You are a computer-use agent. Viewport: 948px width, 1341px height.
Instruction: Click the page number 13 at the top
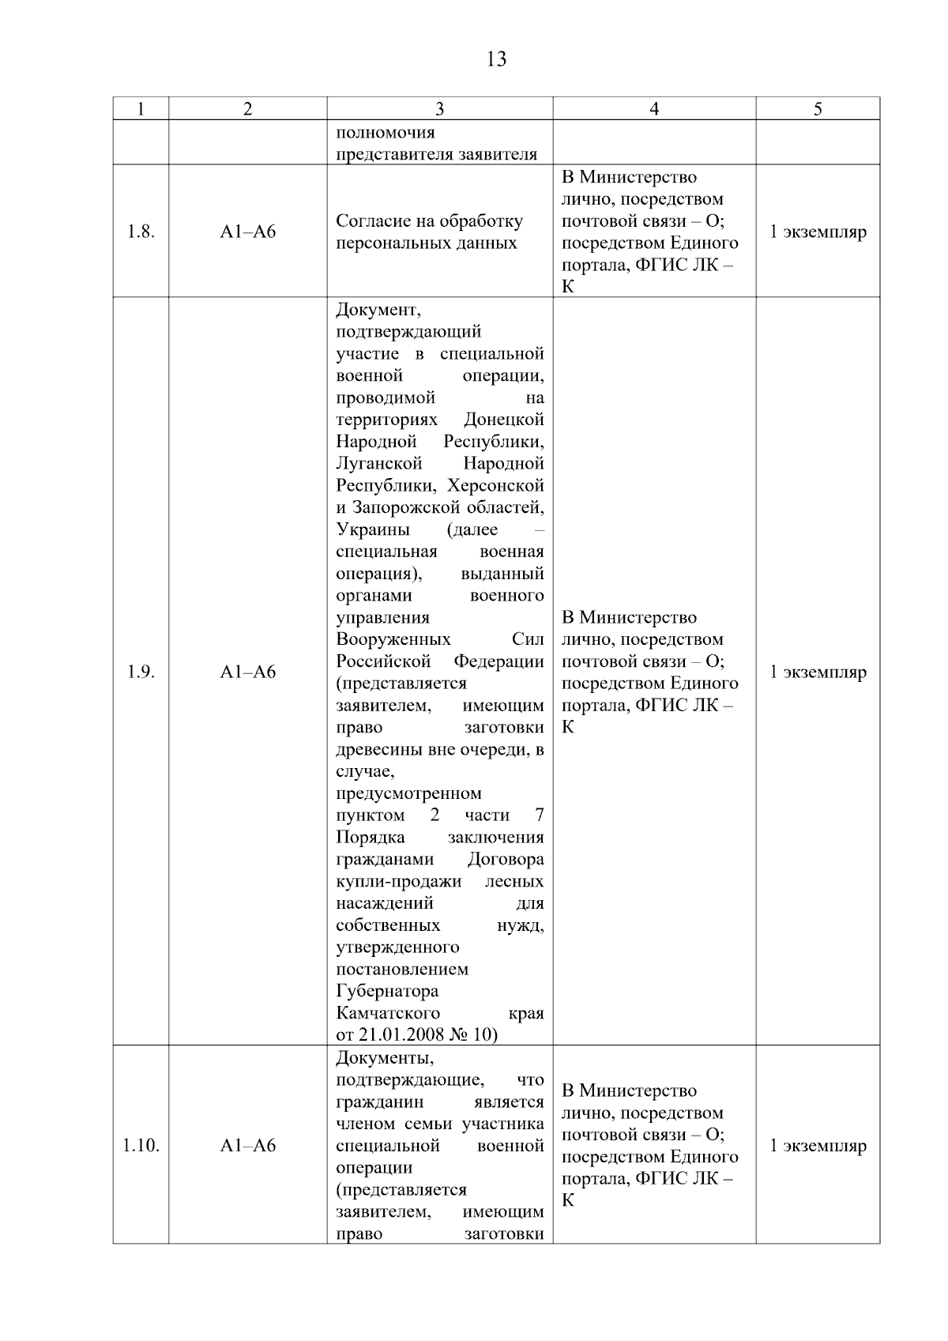(x=496, y=59)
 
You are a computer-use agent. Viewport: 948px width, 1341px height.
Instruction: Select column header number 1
(x=141, y=109)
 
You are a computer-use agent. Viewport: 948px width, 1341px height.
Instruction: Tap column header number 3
(x=439, y=109)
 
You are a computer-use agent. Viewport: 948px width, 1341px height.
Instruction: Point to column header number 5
(x=818, y=109)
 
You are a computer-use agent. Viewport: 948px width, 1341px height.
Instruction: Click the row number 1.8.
(x=141, y=232)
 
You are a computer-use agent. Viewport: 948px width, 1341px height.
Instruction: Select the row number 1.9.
(x=141, y=672)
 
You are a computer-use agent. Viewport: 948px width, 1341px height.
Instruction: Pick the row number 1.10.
(x=141, y=1146)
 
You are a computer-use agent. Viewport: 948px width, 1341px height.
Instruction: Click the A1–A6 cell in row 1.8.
(x=248, y=232)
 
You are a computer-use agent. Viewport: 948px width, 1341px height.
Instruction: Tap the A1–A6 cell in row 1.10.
(x=248, y=1146)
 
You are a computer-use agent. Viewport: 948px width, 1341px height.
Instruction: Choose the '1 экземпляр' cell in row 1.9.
(x=818, y=672)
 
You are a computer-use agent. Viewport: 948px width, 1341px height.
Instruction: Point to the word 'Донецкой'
(x=504, y=420)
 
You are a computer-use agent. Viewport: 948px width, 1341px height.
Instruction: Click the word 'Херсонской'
(x=495, y=485)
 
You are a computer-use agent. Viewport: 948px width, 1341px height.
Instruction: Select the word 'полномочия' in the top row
(x=386, y=133)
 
